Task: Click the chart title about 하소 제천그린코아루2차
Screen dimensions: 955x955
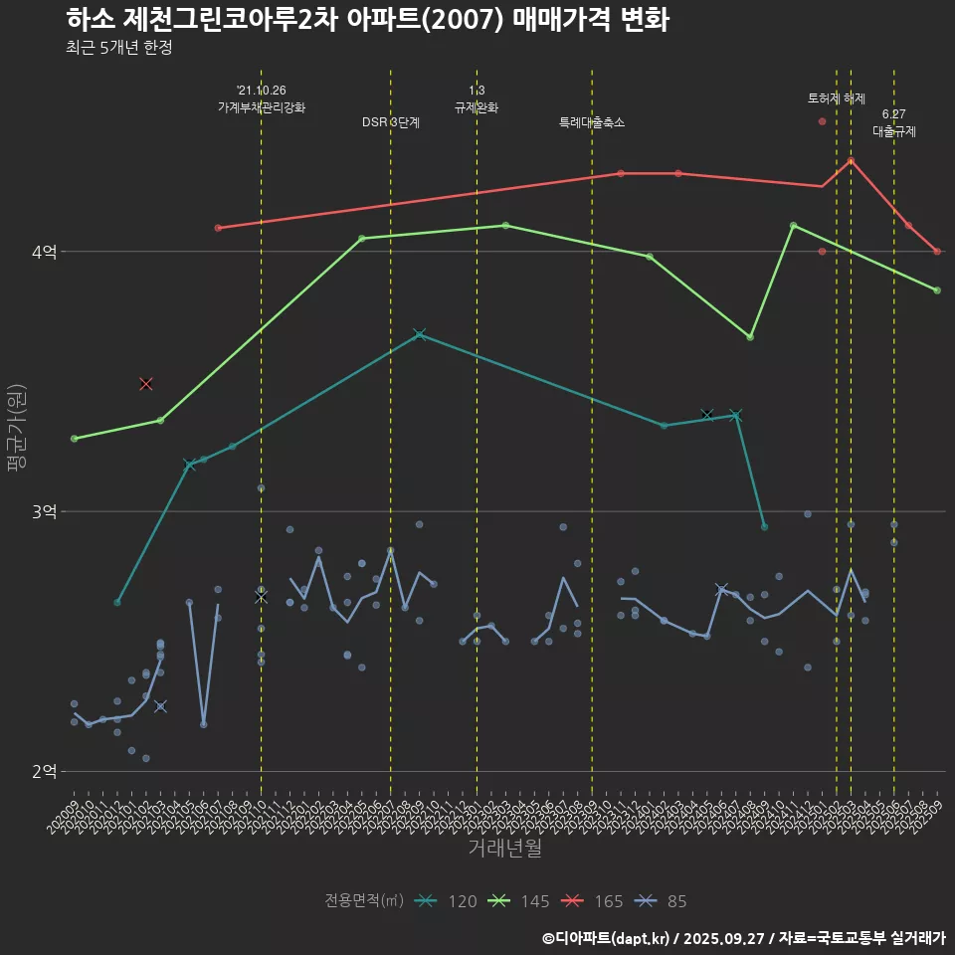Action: click(367, 20)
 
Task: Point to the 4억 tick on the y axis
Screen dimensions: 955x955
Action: click(45, 253)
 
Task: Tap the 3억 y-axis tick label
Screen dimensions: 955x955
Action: click(45, 512)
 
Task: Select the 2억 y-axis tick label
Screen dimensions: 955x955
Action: click(45, 772)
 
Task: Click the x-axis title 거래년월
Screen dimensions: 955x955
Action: click(504, 849)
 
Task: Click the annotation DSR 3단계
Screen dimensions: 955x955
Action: click(391, 123)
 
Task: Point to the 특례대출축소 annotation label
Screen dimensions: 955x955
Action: click(592, 123)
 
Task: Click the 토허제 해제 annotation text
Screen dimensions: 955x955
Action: click(837, 98)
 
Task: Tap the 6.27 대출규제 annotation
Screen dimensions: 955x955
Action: click(893, 122)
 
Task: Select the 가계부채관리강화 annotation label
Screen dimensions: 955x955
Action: click(262, 107)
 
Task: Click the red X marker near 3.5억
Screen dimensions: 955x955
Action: click(146, 384)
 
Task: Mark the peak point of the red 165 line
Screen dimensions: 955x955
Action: click(851, 160)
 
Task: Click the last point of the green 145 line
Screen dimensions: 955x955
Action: click(937, 290)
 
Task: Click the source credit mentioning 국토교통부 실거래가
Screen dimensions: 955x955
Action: click(744, 938)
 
